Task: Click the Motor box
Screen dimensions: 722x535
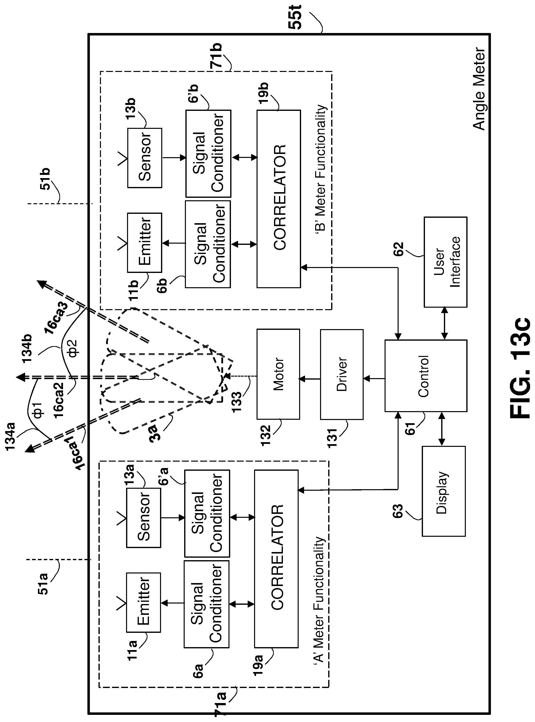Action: [x=278, y=374]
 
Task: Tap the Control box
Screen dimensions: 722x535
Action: [x=425, y=376]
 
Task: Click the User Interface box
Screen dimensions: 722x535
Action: [x=446, y=262]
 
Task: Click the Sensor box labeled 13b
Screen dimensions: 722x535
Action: [x=145, y=158]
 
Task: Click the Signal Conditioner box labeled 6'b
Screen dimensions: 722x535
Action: [x=208, y=154]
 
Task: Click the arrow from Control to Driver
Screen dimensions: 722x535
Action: [x=374, y=379]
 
